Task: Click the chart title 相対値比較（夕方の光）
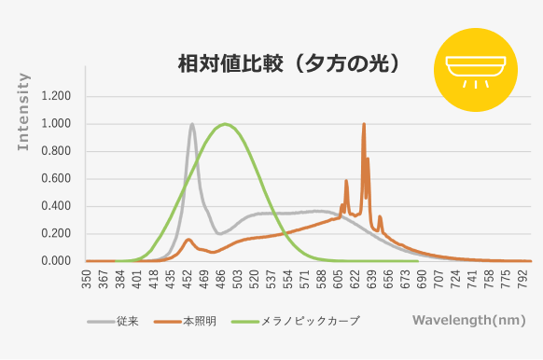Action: point(289,63)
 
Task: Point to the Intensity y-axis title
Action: point(24,117)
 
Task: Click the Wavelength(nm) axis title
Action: point(467,320)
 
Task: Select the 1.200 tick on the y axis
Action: point(56,96)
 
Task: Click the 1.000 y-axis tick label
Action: point(56,124)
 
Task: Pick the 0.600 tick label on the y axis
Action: point(56,179)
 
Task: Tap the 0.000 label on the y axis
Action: point(56,261)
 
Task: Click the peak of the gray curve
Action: point(192,124)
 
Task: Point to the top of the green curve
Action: point(224,124)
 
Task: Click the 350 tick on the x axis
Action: point(87,279)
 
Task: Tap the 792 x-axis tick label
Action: point(531,279)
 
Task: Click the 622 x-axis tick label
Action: point(359,279)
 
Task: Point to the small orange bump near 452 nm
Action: point(188,240)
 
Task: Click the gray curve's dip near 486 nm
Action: point(218,233)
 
